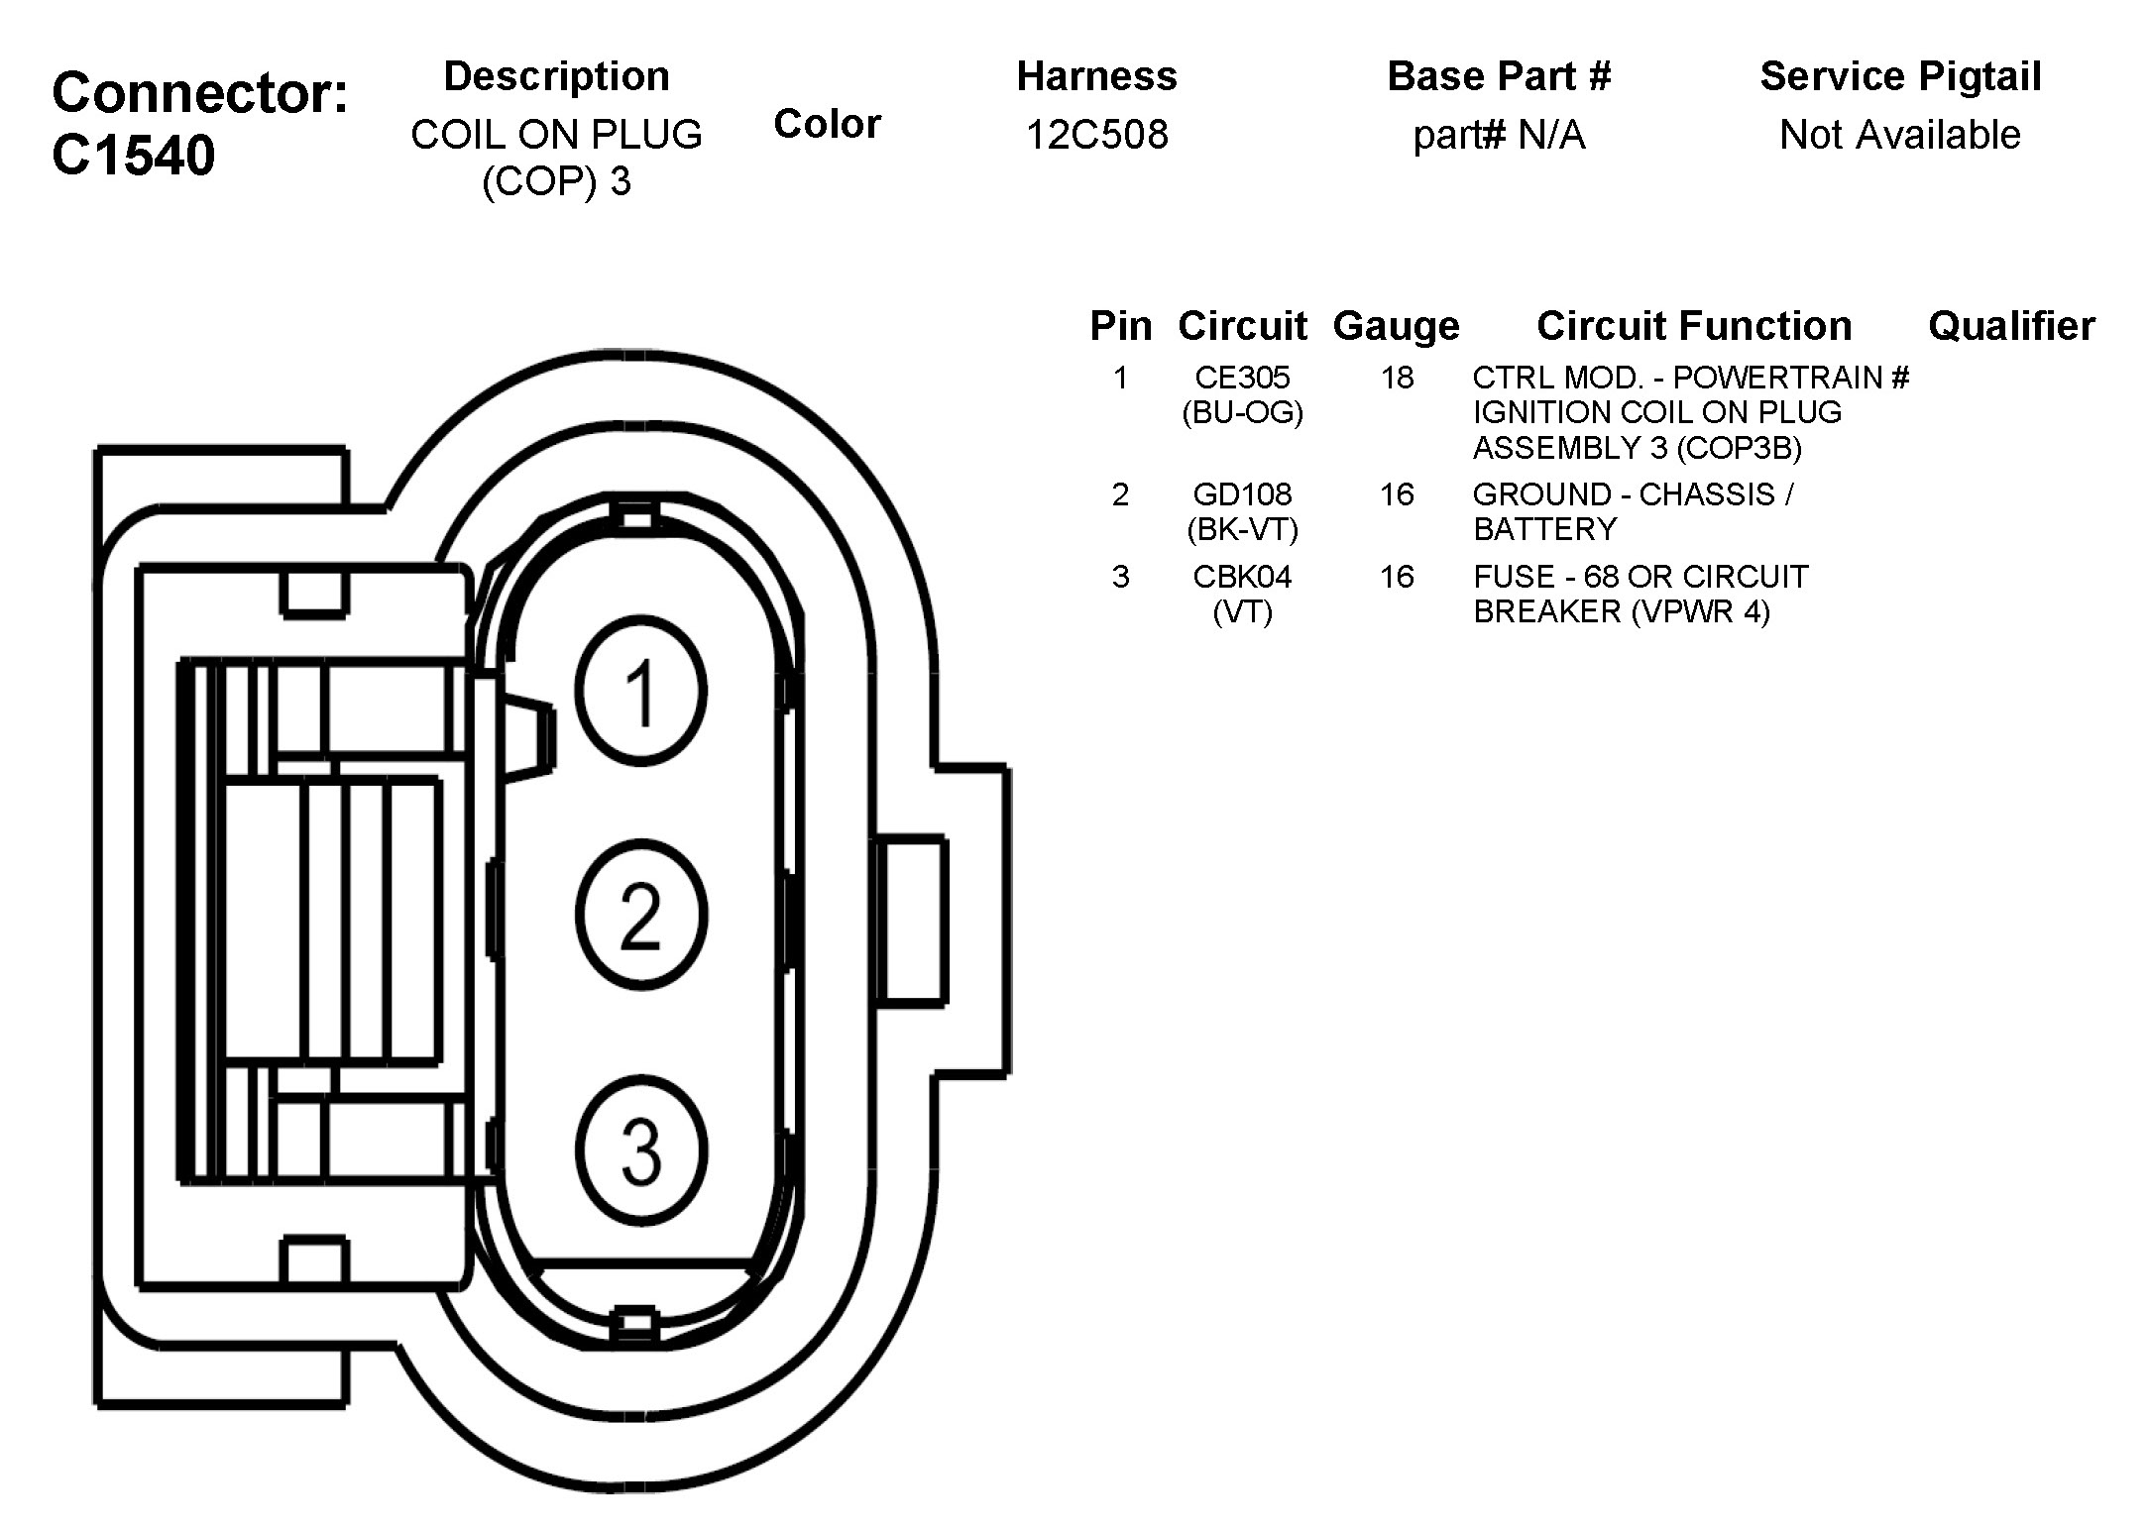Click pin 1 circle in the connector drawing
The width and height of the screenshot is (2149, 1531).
[641, 691]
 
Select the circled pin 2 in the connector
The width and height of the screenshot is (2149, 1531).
[641, 914]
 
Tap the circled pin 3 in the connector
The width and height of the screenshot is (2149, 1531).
[641, 1149]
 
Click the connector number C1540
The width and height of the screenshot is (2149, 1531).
[133, 156]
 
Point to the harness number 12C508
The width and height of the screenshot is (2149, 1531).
[1096, 135]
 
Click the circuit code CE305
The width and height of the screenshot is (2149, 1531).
[1242, 378]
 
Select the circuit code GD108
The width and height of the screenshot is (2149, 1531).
[1242, 494]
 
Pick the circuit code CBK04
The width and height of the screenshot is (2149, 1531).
[1242, 577]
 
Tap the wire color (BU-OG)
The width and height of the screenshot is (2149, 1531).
[1242, 412]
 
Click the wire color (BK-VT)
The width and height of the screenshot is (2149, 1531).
[1242, 529]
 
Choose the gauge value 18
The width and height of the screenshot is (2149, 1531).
[1397, 378]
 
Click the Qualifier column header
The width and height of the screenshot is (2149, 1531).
[2011, 326]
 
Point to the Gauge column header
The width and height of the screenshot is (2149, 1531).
[1396, 326]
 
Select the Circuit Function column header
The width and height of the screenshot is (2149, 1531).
[1694, 326]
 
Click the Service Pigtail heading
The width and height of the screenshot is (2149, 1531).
[1900, 76]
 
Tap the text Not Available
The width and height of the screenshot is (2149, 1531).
[1900, 135]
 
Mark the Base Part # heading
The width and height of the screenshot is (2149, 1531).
[1499, 76]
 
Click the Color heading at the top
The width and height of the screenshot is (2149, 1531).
[827, 124]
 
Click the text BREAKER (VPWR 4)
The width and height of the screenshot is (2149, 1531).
[1621, 611]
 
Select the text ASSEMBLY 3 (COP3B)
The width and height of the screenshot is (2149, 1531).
[1637, 448]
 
